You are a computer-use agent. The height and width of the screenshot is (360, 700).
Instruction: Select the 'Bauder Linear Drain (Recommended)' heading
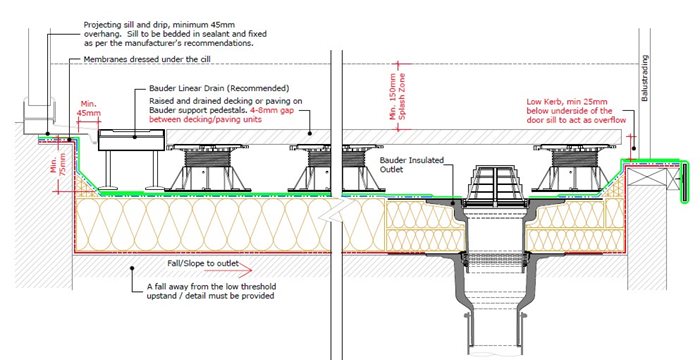pos(211,88)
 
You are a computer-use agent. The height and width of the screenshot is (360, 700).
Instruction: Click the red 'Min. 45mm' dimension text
pos(89,110)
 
